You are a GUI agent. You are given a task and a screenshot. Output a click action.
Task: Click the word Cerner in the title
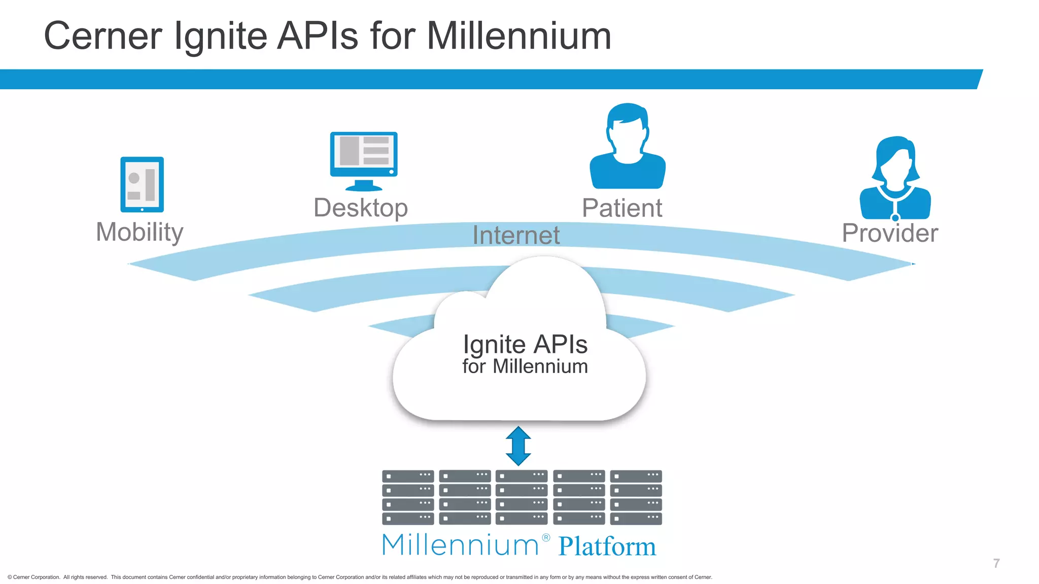pos(103,36)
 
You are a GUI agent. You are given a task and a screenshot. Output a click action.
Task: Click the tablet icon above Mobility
pos(142,185)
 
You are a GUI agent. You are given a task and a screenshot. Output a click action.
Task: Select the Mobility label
pos(140,232)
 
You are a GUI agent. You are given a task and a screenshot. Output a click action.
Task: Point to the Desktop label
pos(361,208)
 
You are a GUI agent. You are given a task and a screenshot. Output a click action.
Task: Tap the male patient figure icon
pos(628,147)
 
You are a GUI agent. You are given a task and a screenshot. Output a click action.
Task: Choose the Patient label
pos(622,208)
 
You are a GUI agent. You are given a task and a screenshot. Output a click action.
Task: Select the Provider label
pos(890,233)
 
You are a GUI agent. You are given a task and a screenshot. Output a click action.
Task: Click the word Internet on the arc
pos(516,235)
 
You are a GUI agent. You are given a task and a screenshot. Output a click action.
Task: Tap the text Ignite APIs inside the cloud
pos(525,345)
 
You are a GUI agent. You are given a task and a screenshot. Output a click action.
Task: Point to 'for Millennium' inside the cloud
pos(525,367)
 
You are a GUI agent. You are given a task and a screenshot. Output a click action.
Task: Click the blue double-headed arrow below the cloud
pos(518,446)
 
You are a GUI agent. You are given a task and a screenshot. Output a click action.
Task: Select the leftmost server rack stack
pos(408,497)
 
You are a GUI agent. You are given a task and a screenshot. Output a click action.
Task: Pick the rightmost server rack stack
pos(636,497)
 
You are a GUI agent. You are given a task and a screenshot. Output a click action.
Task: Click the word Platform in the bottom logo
pos(607,546)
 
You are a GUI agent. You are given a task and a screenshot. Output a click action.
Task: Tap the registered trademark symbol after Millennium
pos(546,538)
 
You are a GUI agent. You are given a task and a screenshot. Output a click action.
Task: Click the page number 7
pos(996,563)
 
